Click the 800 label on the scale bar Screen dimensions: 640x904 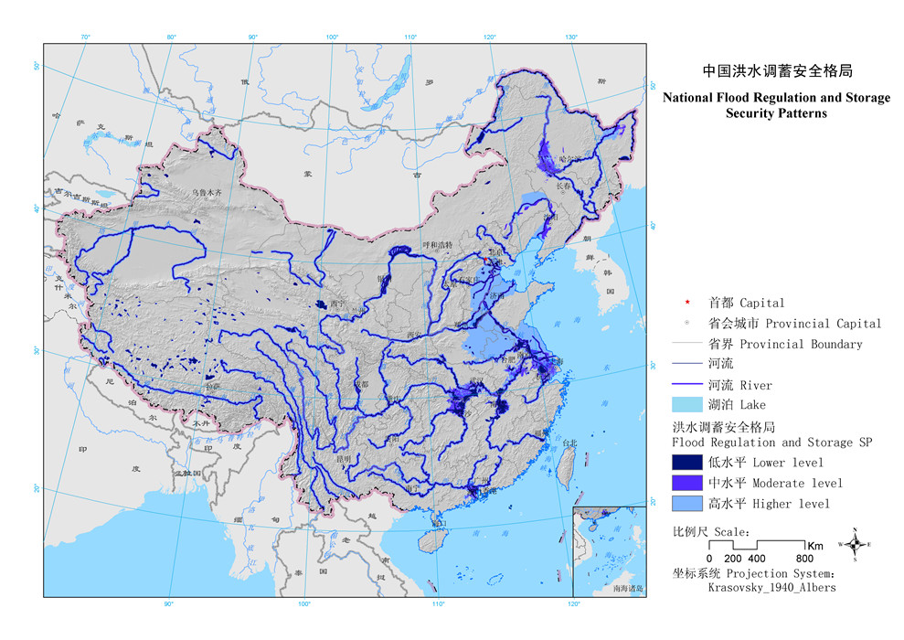804,559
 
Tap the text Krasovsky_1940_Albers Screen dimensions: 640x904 771,588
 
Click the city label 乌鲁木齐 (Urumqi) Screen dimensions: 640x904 207,193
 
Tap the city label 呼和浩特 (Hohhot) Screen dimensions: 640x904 437,245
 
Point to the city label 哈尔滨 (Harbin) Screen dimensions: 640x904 569,160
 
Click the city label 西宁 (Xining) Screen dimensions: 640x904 337,304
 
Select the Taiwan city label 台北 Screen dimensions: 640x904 569,443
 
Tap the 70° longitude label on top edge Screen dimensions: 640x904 86,37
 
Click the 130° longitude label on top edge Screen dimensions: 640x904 570,37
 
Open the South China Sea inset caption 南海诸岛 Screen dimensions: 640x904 630,590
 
